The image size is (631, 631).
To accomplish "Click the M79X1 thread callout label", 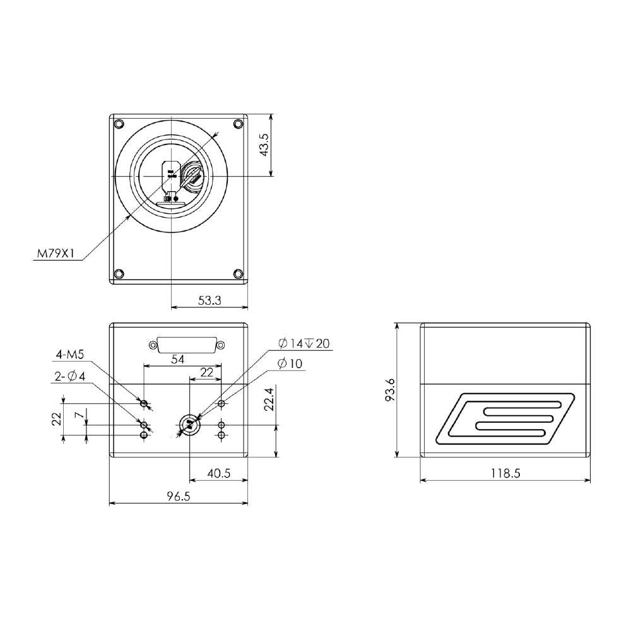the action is [56, 254].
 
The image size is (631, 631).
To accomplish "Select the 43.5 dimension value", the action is [264, 145].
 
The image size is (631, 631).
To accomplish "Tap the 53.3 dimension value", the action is [209, 300].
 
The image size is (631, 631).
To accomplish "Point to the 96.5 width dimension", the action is [179, 496].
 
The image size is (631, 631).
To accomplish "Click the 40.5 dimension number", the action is [218, 473].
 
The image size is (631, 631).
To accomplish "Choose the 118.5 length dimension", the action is [505, 473].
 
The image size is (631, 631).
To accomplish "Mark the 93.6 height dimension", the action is [390, 389].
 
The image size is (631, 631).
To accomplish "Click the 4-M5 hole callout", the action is [69, 355].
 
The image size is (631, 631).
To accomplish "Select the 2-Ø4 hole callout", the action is [70, 377].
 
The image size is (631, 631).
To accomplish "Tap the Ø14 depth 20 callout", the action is [304, 343].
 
